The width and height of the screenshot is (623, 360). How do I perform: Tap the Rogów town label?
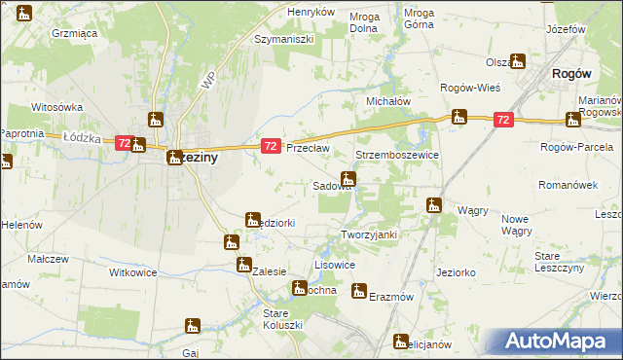point(572,72)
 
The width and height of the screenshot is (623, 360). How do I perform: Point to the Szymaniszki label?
point(282,40)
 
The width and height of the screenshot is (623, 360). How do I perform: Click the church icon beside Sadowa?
point(348,179)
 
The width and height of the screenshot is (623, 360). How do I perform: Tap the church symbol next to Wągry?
point(434,205)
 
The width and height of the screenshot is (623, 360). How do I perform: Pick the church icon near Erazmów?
point(359,291)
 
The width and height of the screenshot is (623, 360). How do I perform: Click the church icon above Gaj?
point(193,327)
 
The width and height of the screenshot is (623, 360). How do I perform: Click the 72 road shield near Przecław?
point(272,146)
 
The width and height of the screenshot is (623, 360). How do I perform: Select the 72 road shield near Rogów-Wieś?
point(502,120)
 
